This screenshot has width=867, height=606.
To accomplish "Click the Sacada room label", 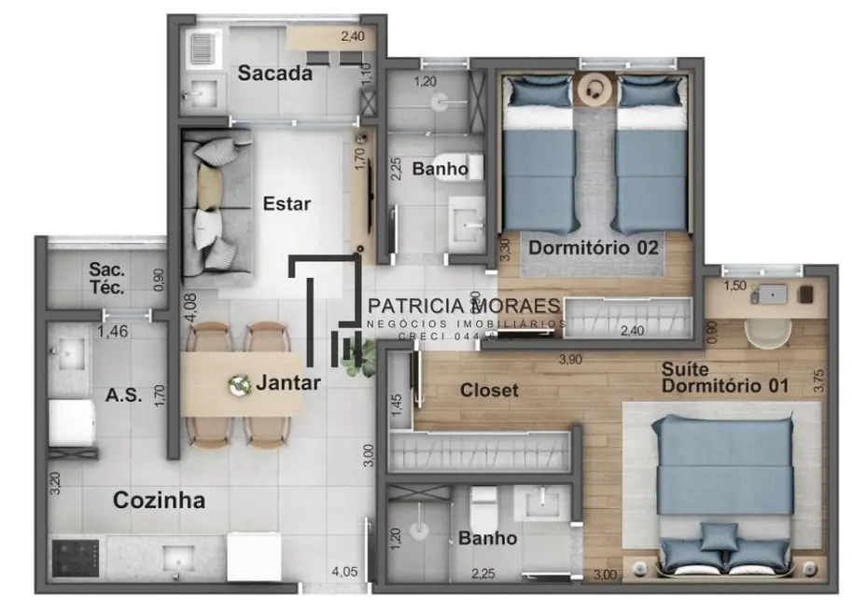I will [x=274, y=74].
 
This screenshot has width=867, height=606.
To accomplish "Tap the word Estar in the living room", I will [x=287, y=203].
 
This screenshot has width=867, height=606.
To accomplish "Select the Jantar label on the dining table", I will [x=289, y=382].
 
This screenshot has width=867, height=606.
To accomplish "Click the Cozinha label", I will [x=159, y=500].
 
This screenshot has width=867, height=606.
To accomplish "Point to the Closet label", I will [x=489, y=391].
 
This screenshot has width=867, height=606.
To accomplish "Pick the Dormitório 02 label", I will [x=594, y=248].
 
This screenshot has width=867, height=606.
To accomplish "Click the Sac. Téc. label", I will [x=106, y=279].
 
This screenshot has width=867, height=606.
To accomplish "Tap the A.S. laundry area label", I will [x=124, y=394].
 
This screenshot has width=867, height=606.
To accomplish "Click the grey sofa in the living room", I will [x=217, y=204].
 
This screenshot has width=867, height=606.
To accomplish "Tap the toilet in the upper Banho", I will [x=464, y=165].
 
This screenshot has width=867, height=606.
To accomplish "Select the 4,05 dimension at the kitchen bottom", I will [x=344, y=572].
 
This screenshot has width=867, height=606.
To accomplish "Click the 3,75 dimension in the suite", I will [x=819, y=383].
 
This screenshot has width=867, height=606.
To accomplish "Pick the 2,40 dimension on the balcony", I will [x=353, y=37].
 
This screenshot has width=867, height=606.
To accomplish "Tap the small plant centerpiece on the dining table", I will [x=241, y=382].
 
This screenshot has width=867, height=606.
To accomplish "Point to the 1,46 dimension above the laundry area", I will [x=113, y=330].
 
